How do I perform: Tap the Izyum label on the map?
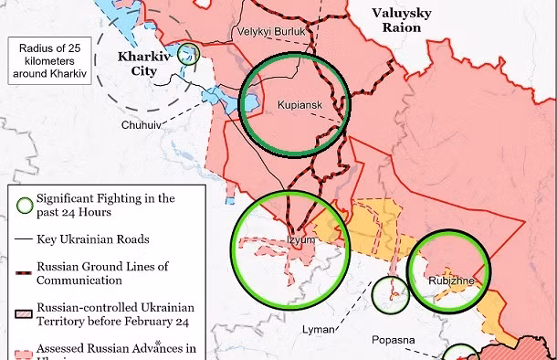[300, 240]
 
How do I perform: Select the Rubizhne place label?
[450, 281]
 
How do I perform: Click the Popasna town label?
[393, 341]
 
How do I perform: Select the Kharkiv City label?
[145, 64]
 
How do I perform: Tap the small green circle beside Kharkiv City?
[189, 53]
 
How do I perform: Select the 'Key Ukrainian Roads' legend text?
[94, 238]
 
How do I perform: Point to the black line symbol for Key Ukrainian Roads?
[23, 238]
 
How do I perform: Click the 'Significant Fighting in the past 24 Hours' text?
[105, 205]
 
